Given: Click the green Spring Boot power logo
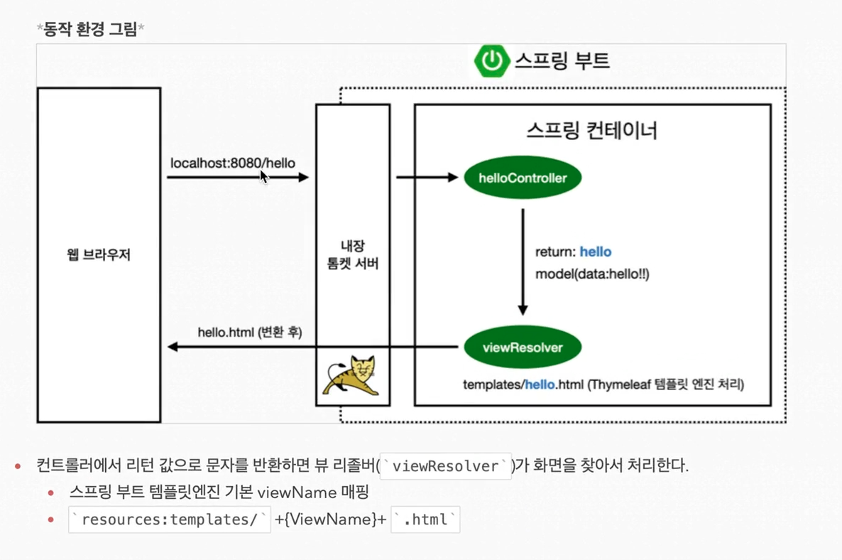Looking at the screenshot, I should point(491,60).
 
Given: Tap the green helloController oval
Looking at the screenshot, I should point(523,178).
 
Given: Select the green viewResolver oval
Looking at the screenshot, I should point(523,348).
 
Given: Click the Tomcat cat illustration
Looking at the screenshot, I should point(352,376).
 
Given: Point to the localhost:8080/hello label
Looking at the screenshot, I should point(232,163).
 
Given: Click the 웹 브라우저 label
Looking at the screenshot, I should point(99,255).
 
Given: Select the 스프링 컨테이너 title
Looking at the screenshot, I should point(592,131).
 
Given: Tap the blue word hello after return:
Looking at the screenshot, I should point(595,252).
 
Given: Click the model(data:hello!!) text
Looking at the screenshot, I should point(592,274).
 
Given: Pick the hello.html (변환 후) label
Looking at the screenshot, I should point(249,332).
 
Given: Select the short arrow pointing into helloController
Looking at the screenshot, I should point(427,178).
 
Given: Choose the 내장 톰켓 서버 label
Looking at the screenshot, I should point(352,255).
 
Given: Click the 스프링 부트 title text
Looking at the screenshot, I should point(562,60).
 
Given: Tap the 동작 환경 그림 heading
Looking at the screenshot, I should point(90,29).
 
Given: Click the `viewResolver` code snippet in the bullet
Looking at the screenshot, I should point(445,467).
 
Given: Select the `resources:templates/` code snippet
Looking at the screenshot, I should point(169,519).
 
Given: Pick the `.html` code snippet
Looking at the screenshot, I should point(425,519).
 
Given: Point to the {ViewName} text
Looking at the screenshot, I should point(330,519).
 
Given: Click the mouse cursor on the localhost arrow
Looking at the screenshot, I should point(263,176).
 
